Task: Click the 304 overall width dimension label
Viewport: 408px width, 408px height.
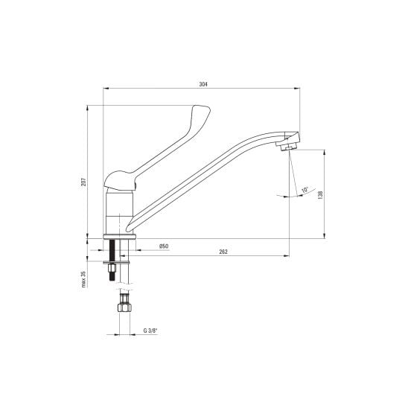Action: tap(203, 84)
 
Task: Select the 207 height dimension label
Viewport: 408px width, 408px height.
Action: tap(83, 182)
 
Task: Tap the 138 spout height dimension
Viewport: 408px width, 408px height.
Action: tap(320, 195)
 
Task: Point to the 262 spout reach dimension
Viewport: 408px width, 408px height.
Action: tap(223, 252)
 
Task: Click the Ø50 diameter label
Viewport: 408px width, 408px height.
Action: tap(164, 246)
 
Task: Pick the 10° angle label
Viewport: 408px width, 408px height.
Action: tap(305, 190)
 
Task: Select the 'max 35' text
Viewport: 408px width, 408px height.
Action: tap(83, 279)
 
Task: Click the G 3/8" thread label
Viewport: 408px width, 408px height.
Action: tap(150, 331)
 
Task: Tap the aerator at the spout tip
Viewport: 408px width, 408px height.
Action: tap(288, 145)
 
